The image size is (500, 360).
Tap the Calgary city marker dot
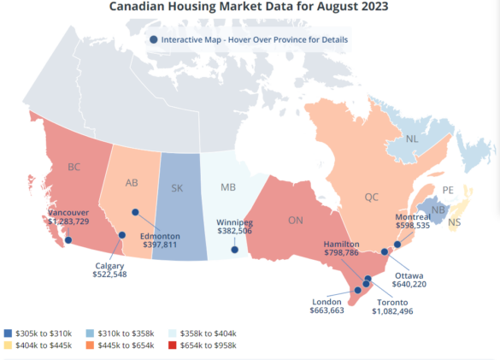[x=122, y=235]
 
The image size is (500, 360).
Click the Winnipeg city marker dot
[x=234, y=251]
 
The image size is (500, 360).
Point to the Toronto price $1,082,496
[x=397, y=311]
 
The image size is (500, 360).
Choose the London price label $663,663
[x=326, y=311]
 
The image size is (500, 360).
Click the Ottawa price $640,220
[x=409, y=283]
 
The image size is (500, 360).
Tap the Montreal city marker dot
[x=397, y=245]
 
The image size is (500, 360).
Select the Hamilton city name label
[x=341, y=244]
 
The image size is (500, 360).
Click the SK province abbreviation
[x=178, y=188]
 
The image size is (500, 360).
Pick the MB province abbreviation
[x=228, y=186]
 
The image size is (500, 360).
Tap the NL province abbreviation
[x=412, y=139]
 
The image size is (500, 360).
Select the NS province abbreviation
[x=454, y=222]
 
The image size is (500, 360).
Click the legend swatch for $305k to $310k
[x=8, y=332]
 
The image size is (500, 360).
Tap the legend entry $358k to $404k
[x=207, y=332]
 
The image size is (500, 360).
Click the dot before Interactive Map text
[x=153, y=39]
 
